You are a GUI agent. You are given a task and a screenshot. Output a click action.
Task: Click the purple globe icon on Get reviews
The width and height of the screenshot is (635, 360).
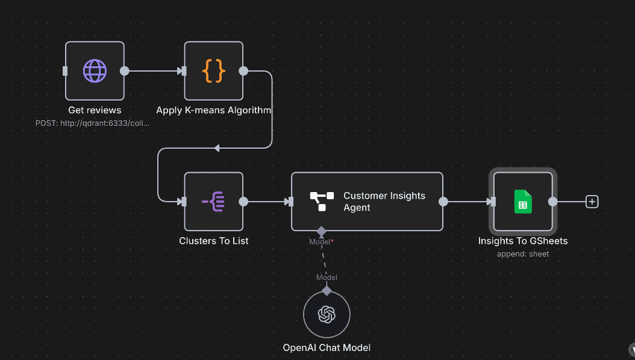coord(95,71)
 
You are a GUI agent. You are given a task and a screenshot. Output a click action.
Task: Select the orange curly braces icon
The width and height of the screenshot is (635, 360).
coord(214,71)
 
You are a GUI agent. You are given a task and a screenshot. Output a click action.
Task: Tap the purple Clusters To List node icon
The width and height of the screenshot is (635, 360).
coord(214,202)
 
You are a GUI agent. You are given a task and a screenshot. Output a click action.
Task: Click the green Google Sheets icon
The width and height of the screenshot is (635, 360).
coord(523,202)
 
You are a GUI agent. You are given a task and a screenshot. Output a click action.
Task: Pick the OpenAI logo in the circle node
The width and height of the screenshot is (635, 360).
coord(327,314)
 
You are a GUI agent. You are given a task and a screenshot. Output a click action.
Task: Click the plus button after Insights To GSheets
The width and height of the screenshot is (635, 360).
coord(592,202)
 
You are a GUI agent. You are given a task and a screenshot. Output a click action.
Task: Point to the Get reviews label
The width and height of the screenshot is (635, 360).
coord(95,110)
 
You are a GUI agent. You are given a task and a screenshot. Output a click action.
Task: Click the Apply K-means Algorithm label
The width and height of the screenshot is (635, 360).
coord(214,110)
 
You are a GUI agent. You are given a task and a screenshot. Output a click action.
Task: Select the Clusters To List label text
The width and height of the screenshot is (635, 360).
coord(214,241)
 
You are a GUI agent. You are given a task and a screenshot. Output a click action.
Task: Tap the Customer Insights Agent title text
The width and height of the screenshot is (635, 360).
coord(384,202)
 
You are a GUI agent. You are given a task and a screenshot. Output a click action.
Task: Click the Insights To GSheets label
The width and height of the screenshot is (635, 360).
coord(523,241)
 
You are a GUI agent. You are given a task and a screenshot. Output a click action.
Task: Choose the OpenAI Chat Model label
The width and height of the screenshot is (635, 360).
coord(327,347)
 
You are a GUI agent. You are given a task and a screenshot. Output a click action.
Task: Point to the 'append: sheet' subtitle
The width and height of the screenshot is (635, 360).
coord(523,254)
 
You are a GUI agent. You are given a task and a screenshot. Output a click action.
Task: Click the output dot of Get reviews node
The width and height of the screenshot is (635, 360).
coord(125,71)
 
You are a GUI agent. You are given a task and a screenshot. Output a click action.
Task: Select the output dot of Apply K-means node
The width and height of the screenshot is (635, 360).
coord(243,71)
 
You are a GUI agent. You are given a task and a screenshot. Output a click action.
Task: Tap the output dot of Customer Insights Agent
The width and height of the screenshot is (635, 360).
coord(443,202)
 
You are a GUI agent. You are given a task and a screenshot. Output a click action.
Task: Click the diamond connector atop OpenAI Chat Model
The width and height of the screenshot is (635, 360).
coord(327,291)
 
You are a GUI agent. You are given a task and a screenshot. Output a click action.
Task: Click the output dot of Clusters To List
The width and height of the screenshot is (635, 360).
coord(243,202)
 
